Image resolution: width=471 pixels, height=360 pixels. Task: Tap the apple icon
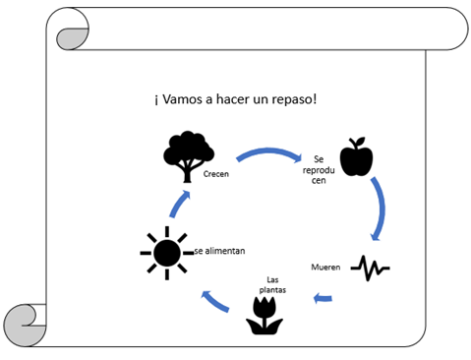pyautogui.click(x=356, y=156)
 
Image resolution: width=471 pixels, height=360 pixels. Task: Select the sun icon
pyautogui.click(x=167, y=253)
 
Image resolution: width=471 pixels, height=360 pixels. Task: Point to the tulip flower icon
pyautogui.click(x=265, y=316)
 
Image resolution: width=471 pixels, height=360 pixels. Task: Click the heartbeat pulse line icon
pyautogui.click(x=370, y=268)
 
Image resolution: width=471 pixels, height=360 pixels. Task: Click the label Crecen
pyautogui.click(x=216, y=174)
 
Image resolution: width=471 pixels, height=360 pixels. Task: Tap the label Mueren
pyautogui.click(x=325, y=268)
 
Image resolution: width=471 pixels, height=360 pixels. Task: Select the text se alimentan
pyautogui.click(x=219, y=251)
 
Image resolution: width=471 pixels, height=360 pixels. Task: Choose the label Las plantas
pyautogui.click(x=272, y=285)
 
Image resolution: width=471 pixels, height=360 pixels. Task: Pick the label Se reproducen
pyautogui.click(x=319, y=170)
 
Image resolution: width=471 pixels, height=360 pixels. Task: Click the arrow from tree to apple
pyautogui.click(x=268, y=151)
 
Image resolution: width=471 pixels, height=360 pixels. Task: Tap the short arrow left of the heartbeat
pyautogui.click(x=323, y=298)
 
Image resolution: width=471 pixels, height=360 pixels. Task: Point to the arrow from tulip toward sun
pyautogui.click(x=215, y=301)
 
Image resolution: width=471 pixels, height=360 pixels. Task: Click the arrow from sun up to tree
pyautogui.click(x=180, y=204)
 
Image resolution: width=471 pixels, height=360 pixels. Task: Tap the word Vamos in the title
pyautogui.click(x=182, y=98)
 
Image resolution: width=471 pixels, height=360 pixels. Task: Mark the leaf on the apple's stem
pyautogui.click(x=360, y=142)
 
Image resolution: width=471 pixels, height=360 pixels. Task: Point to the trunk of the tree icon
pyautogui.click(x=187, y=173)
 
